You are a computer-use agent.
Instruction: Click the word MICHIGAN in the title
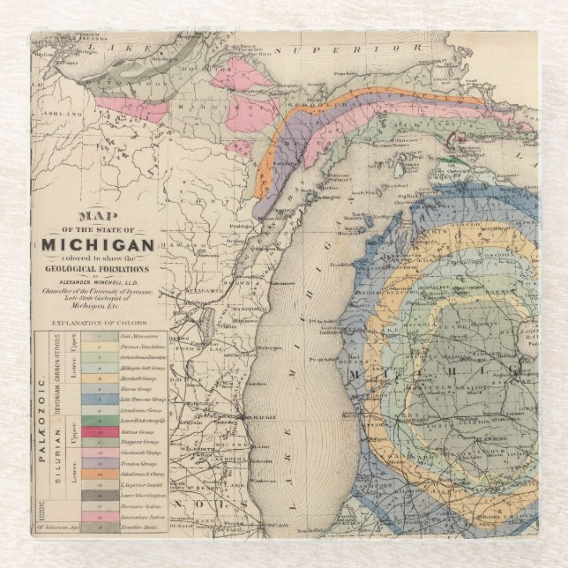(x=98, y=244)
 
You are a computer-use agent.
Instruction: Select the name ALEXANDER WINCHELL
(x=98, y=283)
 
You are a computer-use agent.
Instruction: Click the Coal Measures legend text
(x=138, y=336)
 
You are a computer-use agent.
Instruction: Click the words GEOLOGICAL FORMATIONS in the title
(x=98, y=270)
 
